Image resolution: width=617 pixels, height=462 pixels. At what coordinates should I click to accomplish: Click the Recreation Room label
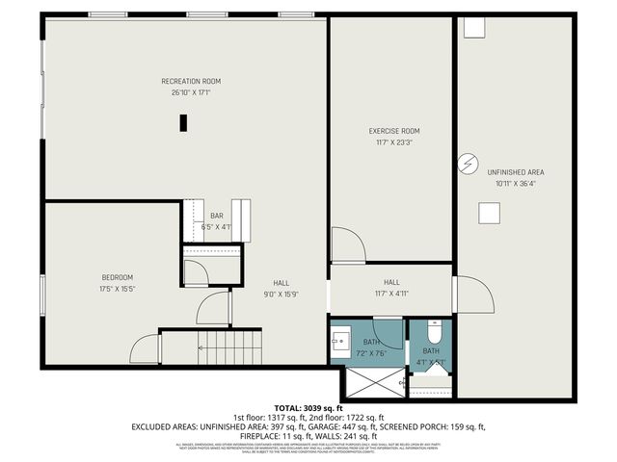[191, 81]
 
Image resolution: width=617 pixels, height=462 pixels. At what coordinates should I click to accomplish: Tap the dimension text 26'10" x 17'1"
[191, 92]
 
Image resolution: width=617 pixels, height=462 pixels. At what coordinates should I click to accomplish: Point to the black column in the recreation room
[182, 122]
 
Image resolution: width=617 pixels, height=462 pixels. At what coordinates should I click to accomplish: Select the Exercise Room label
[394, 131]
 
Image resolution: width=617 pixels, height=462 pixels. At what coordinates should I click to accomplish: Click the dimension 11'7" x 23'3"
[394, 142]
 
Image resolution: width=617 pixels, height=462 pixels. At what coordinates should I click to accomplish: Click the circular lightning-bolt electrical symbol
[468, 165]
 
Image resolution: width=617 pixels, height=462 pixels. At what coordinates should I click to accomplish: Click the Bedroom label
[116, 277]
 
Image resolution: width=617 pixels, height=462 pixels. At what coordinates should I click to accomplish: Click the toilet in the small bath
[432, 333]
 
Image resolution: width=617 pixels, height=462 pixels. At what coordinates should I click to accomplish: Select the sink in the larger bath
[341, 341]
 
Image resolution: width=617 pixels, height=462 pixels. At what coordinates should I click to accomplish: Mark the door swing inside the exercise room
[346, 244]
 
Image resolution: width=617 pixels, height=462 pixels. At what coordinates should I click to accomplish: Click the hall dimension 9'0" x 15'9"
[281, 295]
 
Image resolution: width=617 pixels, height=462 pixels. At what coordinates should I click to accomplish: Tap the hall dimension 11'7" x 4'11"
[391, 295]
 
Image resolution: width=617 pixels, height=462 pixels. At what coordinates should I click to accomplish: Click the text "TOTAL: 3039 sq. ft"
[308, 409]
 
